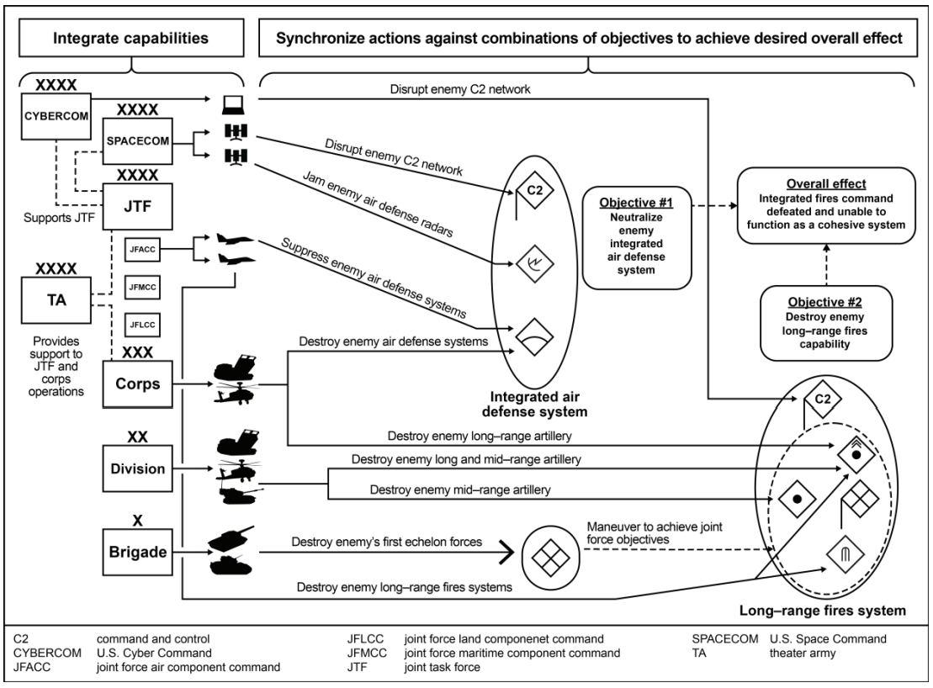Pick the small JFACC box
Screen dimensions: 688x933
click(x=140, y=249)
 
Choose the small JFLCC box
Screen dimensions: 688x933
click(x=140, y=324)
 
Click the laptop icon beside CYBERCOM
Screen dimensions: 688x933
click(x=232, y=105)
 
